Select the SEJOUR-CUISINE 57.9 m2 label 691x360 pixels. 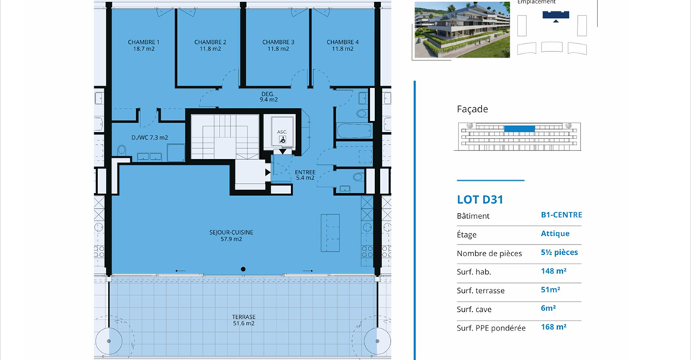pos(231,235)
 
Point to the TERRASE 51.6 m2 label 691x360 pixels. pos(244,320)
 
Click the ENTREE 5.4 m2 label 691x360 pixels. pos(305,175)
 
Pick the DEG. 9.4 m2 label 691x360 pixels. pos(268,96)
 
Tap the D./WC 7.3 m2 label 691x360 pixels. pos(150,138)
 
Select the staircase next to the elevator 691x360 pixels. pos(225,137)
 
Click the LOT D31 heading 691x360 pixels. pos(480,199)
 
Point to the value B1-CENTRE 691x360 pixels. pos(561,215)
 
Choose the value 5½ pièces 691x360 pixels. pos(559,253)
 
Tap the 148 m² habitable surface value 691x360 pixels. pos(554,271)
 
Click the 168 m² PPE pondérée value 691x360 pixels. pos(554,327)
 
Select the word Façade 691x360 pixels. pos(472,109)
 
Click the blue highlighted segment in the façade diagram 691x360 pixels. pos(519,129)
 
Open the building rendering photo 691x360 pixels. pos(462,30)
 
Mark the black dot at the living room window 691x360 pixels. pos(243,269)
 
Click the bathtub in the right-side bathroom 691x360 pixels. pos(354,131)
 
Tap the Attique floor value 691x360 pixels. pos(555,234)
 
